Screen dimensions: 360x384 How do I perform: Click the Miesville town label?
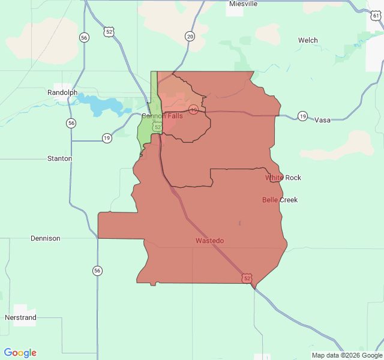pos(243,4)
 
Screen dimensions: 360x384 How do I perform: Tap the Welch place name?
pos(308,40)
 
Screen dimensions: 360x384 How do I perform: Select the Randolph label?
pos(62,92)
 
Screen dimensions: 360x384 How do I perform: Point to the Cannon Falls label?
pos(162,116)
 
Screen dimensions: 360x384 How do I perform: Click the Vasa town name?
pos(322,120)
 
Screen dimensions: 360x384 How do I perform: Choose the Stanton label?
pos(59,158)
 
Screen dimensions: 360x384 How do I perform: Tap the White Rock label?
pos(283,178)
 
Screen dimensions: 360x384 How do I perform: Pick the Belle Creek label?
pos(280,200)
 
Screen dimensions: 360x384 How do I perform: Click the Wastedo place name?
pos(209,241)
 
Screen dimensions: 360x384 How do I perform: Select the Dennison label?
pos(46,238)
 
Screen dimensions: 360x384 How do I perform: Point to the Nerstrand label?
pos(20,317)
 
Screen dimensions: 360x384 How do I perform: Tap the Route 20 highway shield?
pos(190,36)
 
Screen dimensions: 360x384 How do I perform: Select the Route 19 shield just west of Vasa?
pos(302,116)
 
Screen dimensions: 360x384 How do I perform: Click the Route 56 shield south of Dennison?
pos(97,271)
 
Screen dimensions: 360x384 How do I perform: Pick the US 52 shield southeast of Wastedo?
pos(247,278)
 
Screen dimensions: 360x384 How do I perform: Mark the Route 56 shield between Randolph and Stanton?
pos(71,123)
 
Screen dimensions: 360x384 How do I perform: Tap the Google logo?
pos(20,353)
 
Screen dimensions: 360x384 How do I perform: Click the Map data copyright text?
pos(346,355)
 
